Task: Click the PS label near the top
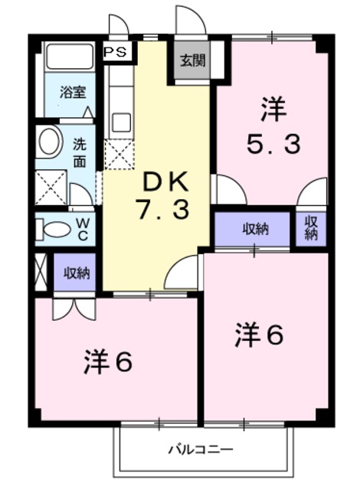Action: (x=117, y=52)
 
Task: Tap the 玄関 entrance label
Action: (x=192, y=61)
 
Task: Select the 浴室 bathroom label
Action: (x=74, y=93)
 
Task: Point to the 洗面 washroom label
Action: (x=80, y=152)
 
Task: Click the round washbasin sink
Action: (x=50, y=142)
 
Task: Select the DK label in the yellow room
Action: (x=162, y=182)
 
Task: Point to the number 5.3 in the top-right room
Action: (x=272, y=143)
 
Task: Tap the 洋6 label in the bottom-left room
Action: (x=108, y=361)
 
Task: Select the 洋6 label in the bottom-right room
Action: (x=260, y=335)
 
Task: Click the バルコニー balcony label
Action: (x=201, y=449)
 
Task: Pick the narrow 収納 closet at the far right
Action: (x=311, y=228)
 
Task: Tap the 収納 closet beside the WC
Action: (x=75, y=272)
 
